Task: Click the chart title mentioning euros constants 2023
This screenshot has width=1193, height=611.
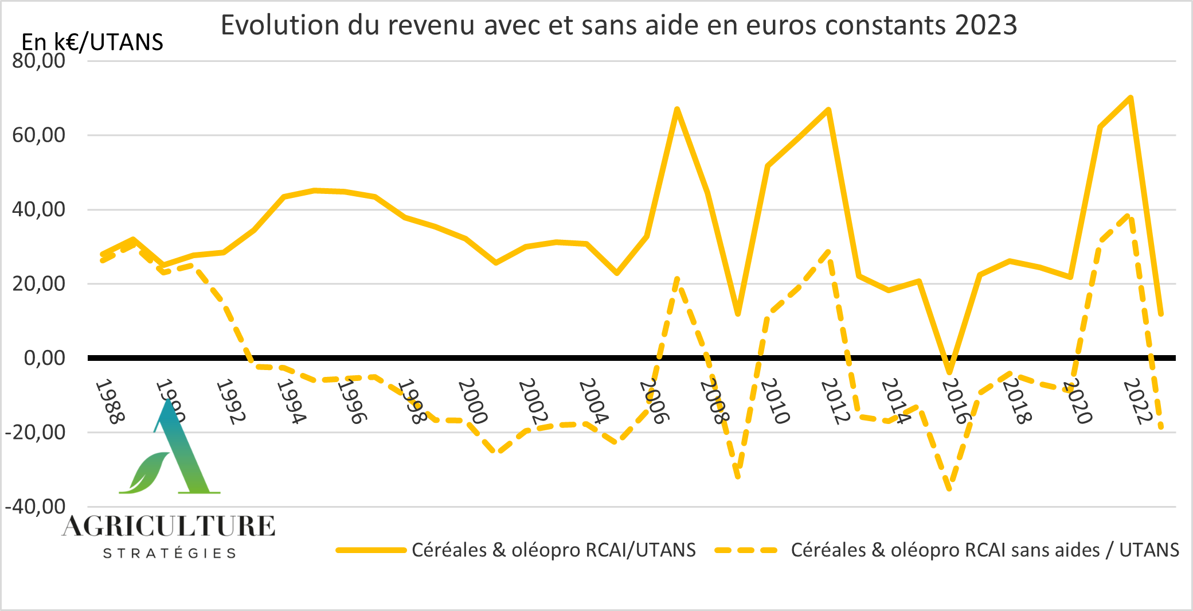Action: click(x=619, y=26)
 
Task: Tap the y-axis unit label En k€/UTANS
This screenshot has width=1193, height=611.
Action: click(x=92, y=42)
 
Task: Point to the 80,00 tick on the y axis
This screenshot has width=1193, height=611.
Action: click(x=39, y=61)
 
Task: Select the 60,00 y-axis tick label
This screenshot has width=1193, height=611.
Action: click(x=39, y=135)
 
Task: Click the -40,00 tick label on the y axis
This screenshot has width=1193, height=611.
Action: click(x=36, y=507)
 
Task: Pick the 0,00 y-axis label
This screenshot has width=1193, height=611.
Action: click(x=45, y=358)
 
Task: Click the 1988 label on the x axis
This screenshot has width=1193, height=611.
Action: click(x=109, y=401)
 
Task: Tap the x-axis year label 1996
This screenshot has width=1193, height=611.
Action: click(x=351, y=401)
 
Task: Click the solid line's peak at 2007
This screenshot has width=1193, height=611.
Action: click(x=677, y=109)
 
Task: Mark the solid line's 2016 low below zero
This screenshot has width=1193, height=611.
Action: click(x=949, y=372)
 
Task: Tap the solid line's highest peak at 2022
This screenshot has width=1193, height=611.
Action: click(x=1131, y=98)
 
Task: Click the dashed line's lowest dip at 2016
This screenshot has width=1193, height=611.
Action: click(x=949, y=488)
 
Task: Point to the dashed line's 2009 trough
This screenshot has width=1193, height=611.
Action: click(x=738, y=476)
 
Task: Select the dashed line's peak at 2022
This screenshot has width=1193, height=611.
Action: click(x=1130, y=216)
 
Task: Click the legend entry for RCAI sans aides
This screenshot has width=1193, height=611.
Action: click(x=985, y=550)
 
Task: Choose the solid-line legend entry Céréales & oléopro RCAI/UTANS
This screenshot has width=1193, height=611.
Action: click(x=553, y=550)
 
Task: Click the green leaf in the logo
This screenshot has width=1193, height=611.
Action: click(x=144, y=473)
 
